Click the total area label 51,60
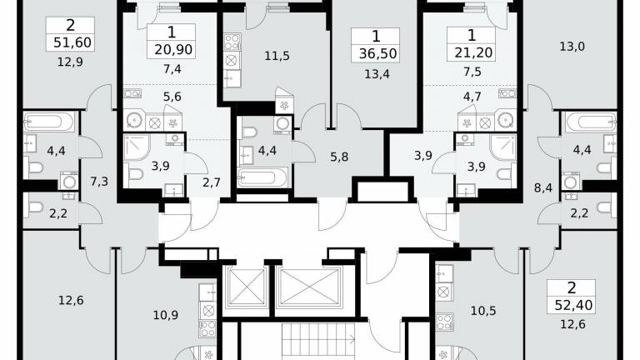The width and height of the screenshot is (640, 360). (72, 42)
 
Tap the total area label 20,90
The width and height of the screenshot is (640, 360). (173, 50)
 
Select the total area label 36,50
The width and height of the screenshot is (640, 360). (378, 53)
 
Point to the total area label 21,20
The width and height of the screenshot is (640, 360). (473, 52)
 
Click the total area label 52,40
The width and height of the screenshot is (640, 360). (573, 305)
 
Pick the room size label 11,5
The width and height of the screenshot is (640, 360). (277, 56)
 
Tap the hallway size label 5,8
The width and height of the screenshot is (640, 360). (339, 157)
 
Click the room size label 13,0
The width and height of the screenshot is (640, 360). (572, 47)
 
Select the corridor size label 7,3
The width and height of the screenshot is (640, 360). (99, 181)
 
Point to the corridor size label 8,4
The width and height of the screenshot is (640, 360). (543, 187)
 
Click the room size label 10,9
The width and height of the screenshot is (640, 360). (166, 315)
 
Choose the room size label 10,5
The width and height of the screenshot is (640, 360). (483, 311)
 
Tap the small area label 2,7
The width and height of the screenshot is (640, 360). (212, 182)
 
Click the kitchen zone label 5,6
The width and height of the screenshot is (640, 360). (172, 97)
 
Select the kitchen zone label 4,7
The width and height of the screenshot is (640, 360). (472, 97)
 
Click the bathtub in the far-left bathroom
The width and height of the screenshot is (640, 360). (49, 122)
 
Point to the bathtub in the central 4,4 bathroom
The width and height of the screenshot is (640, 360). (262, 177)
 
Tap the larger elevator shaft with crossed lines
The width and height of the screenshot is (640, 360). (309, 287)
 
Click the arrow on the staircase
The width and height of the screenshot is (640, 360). (351, 338)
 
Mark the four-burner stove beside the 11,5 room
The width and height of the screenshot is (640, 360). (232, 42)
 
